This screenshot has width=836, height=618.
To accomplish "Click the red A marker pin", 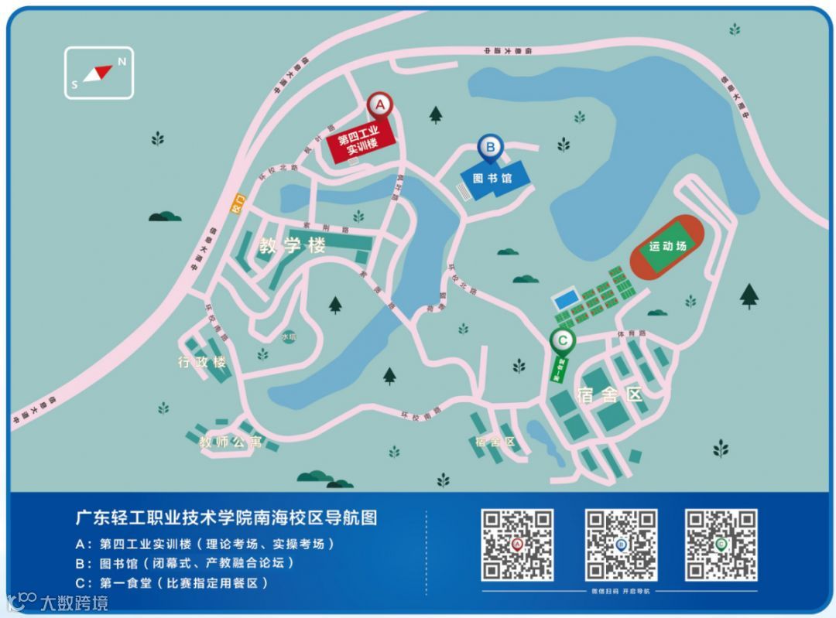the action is [x=379, y=104].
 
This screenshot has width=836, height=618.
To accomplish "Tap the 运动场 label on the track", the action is [x=667, y=247].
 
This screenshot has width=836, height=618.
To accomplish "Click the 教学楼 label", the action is [x=293, y=246].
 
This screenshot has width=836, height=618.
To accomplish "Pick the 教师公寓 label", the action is [x=231, y=442].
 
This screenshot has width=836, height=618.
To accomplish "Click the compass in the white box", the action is [x=99, y=73].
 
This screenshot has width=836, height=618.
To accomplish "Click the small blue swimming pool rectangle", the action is [x=566, y=299].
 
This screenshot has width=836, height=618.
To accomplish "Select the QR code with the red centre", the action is [x=517, y=545].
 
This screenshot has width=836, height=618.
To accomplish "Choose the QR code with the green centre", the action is [x=721, y=545].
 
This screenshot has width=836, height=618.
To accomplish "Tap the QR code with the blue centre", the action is [x=621, y=545].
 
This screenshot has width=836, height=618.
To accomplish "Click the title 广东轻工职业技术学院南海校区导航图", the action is [x=226, y=517].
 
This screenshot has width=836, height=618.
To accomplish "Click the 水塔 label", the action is [x=289, y=337].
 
